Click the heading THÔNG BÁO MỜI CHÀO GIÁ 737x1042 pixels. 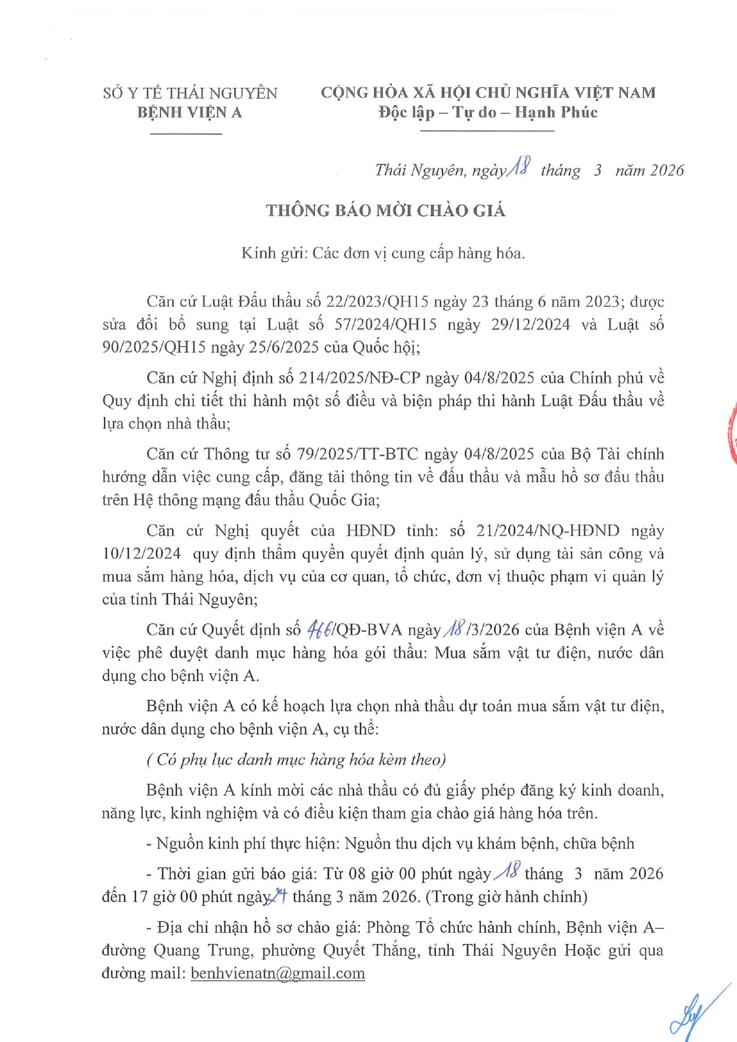tap(385, 211)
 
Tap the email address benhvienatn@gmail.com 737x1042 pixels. tap(277, 973)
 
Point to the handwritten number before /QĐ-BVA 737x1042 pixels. tap(319, 629)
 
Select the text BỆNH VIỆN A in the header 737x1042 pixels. tap(189, 112)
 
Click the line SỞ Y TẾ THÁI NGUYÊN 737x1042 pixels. tap(190, 93)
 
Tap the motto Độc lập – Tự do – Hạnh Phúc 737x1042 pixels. tap(488, 112)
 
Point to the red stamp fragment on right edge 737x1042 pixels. tap(732, 433)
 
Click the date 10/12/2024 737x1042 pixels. tap(141, 553)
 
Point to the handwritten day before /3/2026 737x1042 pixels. tap(456, 628)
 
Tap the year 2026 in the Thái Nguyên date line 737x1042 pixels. tap(666, 171)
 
